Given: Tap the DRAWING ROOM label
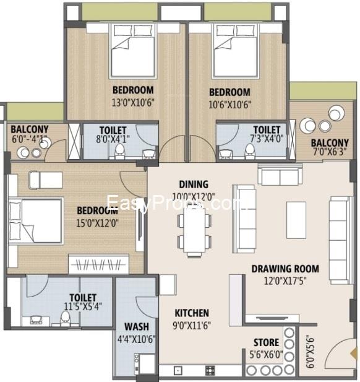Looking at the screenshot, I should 285,269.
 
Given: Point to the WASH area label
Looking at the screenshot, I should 135,327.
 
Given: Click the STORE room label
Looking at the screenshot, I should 266,342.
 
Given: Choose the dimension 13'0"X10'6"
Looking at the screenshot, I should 133,103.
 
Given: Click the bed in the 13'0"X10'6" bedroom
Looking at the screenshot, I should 133,52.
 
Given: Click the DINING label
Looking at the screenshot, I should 193,184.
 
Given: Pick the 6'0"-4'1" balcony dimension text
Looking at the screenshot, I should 29,139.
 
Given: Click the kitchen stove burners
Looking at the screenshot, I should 210,371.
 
